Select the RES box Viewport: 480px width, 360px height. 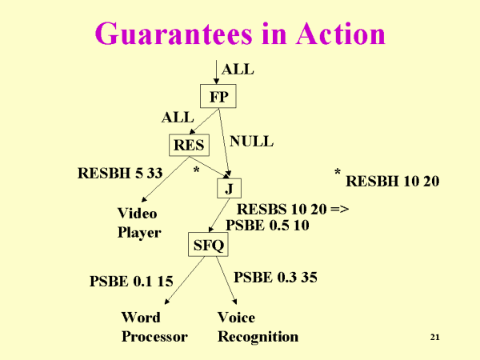(x=189, y=146)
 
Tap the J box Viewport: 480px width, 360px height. (x=229, y=189)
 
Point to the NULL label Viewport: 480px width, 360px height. (x=251, y=142)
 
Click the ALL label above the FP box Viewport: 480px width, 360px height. (x=237, y=70)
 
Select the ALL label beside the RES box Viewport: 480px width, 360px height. (x=177, y=118)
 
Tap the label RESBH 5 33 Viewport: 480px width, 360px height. (x=120, y=172)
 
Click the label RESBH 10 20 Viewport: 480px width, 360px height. (x=393, y=182)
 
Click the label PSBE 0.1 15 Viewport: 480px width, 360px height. (x=131, y=281)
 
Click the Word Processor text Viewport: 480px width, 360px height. (x=154, y=327)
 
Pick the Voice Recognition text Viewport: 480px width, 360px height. (x=257, y=327)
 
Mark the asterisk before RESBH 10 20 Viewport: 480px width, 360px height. (x=338, y=174)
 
